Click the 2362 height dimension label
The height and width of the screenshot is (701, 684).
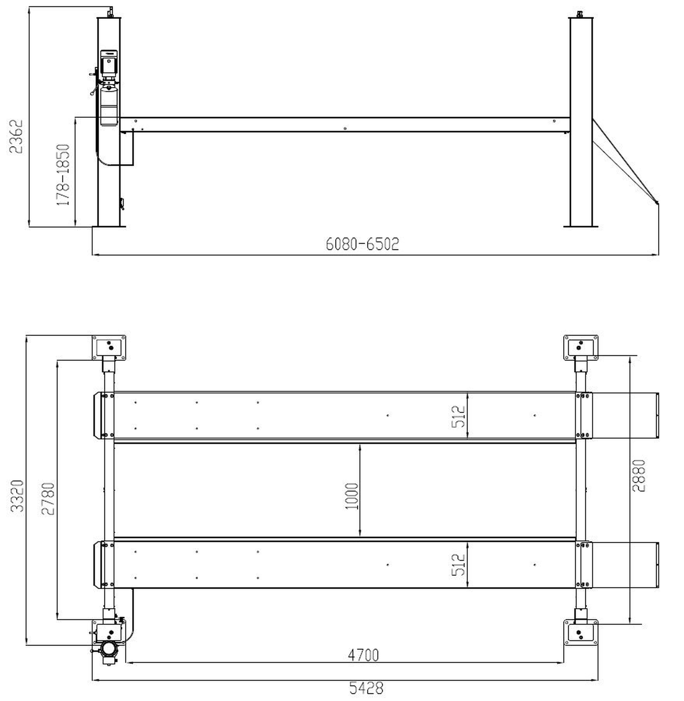pyautogui.click(x=16, y=137)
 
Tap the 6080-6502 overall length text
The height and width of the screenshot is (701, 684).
pyautogui.click(x=362, y=244)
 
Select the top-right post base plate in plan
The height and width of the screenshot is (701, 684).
pyautogui.click(x=581, y=347)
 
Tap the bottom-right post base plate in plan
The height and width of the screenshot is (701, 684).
pyautogui.click(x=581, y=632)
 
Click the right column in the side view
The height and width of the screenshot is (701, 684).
pyautogui.click(x=581, y=122)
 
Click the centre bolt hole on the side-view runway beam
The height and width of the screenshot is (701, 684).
pyautogui.click(x=345, y=128)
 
